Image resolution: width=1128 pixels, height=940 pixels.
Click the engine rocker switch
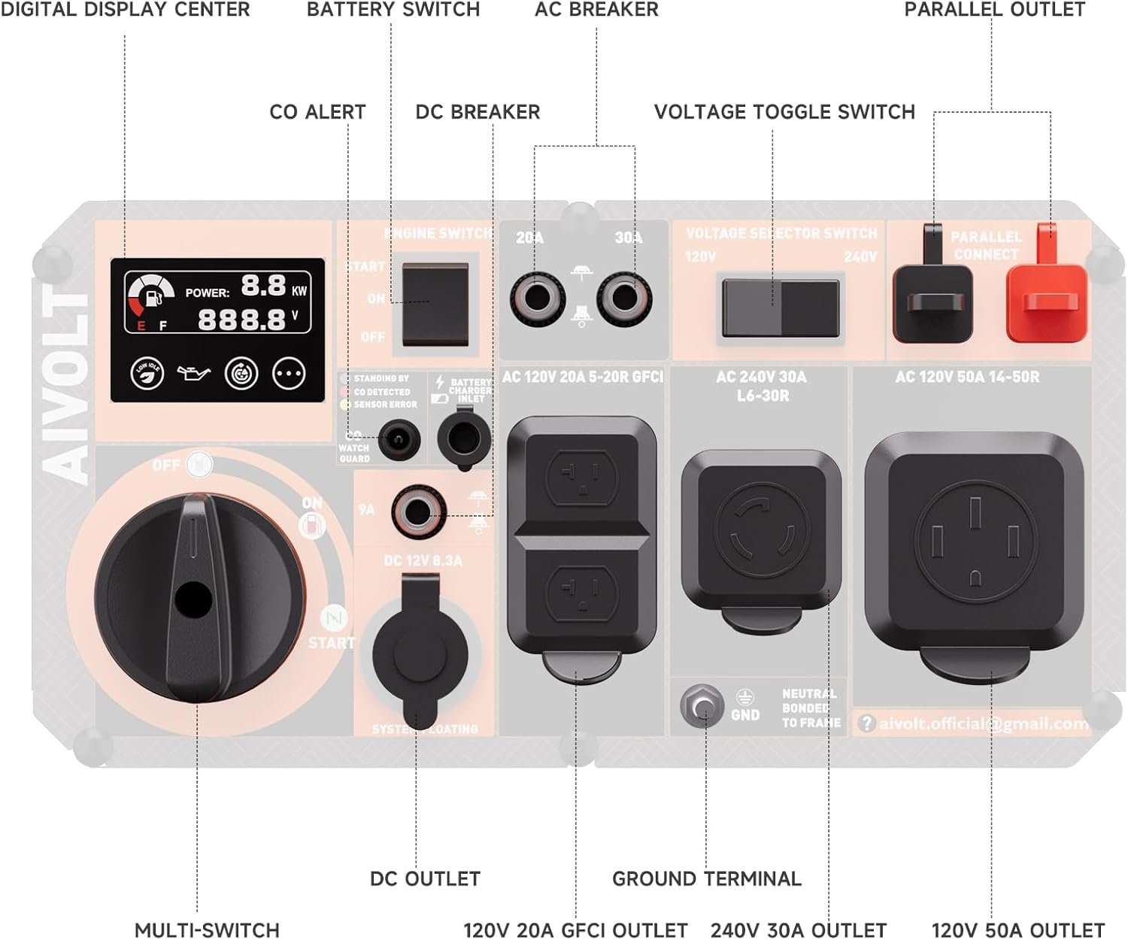(x=435, y=304)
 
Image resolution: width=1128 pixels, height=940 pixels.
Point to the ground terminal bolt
(x=702, y=706)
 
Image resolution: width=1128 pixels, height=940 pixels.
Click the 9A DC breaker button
(x=417, y=512)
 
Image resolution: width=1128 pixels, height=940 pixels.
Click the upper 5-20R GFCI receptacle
(x=581, y=476)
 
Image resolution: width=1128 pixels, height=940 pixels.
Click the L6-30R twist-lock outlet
(x=761, y=531)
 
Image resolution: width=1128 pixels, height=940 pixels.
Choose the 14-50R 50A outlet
(x=975, y=543)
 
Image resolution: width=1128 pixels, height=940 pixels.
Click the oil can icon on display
(x=193, y=372)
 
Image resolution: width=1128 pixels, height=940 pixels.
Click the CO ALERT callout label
(x=317, y=112)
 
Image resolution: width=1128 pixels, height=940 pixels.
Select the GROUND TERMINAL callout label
(x=706, y=878)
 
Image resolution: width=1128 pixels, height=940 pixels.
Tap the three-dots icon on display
(x=289, y=373)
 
